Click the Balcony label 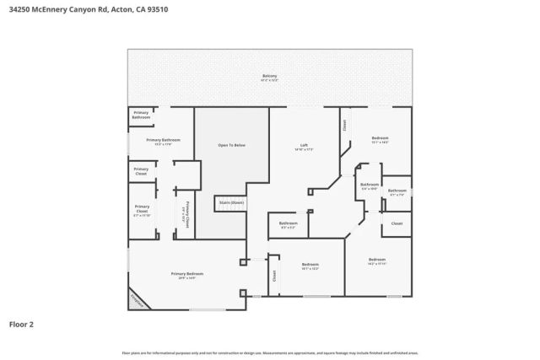tap(269, 77)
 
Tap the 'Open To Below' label tap(231, 146)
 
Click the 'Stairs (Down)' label tap(231, 202)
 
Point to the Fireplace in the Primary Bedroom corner tap(137, 299)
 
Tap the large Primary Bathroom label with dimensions tap(164, 141)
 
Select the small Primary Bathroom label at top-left tap(141, 115)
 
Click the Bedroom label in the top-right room tap(380, 138)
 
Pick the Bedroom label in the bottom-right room tap(376, 260)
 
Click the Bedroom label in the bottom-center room tap(310, 265)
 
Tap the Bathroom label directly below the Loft tap(288, 223)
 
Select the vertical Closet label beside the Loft tap(344, 125)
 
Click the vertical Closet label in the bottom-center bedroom tap(274, 276)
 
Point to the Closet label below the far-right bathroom tap(397, 223)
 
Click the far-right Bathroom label tap(397, 191)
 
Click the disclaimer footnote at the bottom tap(269, 352)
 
